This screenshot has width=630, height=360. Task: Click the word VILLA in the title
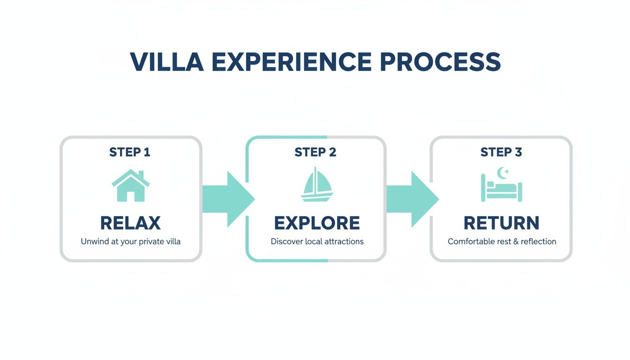[x=166, y=62]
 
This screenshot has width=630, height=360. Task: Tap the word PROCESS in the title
[x=440, y=62]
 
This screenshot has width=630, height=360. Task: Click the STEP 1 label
[x=130, y=152]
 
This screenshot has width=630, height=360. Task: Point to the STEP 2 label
[x=315, y=152]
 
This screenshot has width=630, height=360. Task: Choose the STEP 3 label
[x=501, y=152]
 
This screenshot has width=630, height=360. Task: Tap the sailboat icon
[x=316, y=186]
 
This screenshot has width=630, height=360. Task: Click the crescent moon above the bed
[x=502, y=173]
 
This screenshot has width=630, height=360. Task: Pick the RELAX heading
[x=130, y=223]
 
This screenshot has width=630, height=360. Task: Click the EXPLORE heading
[x=317, y=223]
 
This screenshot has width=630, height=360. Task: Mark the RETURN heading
[x=501, y=223]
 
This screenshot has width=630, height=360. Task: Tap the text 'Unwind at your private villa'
[x=130, y=242]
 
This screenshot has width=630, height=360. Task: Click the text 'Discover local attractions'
[x=317, y=242]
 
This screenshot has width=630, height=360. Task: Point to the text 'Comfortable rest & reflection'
[x=502, y=242]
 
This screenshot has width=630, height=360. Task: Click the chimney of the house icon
[x=142, y=175]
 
